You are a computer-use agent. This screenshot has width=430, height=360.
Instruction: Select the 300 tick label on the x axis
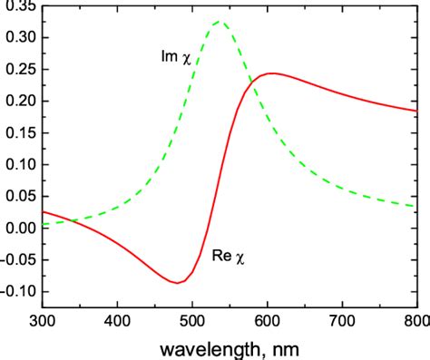(x=43, y=320)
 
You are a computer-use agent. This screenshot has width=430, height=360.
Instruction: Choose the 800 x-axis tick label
(x=415, y=320)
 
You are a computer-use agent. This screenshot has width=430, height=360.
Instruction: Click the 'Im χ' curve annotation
(x=178, y=58)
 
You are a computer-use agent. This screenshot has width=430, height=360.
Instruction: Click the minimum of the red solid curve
(x=177, y=282)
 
